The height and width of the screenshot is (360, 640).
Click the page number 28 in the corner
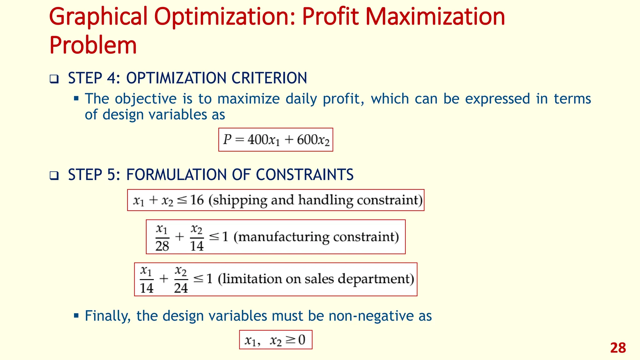tap(618, 348)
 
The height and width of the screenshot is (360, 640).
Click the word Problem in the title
tap(93, 46)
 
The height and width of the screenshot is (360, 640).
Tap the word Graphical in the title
tap(98, 17)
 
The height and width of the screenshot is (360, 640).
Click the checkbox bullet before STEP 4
tap(54, 79)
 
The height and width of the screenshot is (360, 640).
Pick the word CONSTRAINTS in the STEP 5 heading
tap(305, 175)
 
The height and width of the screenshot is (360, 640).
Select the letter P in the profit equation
tap(227, 139)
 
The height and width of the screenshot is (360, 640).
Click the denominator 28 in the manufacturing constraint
tap(162, 246)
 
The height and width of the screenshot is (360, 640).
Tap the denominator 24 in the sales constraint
tap(181, 288)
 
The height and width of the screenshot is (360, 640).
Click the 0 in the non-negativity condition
tap(302, 340)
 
